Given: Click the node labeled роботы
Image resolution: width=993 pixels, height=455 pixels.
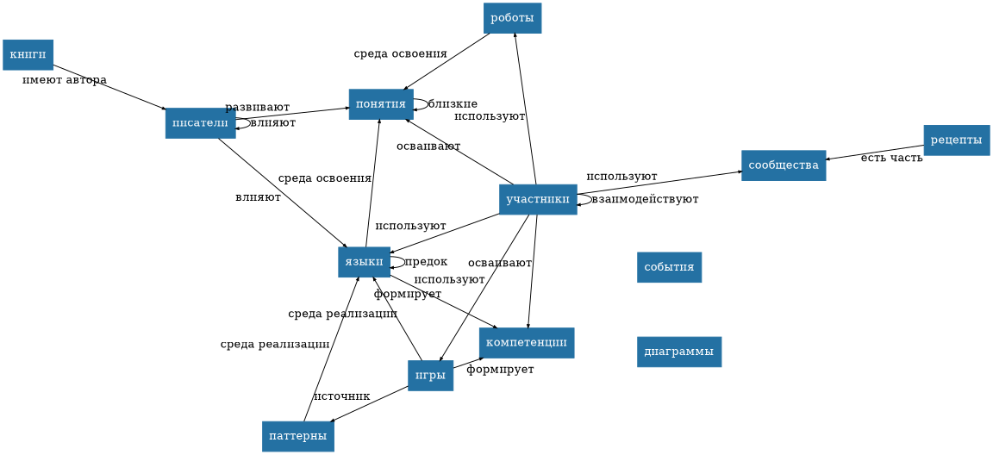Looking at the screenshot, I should tap(512, 18).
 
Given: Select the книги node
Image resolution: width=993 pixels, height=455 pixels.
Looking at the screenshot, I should tap(28, 54).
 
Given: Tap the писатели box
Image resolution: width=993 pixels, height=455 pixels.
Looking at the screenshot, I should tap(200, 123).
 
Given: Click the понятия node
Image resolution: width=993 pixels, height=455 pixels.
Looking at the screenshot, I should tap(380, 104).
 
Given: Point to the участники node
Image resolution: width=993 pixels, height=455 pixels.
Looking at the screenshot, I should tap(538, 200).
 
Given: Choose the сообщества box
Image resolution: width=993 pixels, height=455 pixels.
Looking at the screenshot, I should tap(783, 165).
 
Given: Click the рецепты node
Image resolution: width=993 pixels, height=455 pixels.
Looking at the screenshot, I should tap(956, 140).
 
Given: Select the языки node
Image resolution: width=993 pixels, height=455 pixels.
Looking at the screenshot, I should tap(364, 262).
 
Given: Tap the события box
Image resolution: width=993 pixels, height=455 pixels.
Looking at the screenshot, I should tap(669, 267).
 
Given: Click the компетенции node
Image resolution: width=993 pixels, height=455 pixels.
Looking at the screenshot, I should tap(526, 343).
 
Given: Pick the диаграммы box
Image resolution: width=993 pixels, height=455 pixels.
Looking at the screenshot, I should tap(678, 352).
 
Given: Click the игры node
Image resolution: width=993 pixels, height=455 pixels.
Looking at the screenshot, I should tap(430, 376).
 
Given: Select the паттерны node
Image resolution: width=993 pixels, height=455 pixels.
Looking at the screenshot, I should tap(297, 437).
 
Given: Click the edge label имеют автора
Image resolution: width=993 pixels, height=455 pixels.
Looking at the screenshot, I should tap(65, 80).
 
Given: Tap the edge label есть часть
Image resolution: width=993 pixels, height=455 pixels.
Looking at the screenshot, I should tap(891, 158).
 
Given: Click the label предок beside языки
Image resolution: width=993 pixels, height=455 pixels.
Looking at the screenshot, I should tap(426, 262).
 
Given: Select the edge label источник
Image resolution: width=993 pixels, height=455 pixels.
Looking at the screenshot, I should tap(341, 396).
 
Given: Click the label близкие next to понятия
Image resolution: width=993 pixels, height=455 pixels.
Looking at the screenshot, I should tap(453, 104).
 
